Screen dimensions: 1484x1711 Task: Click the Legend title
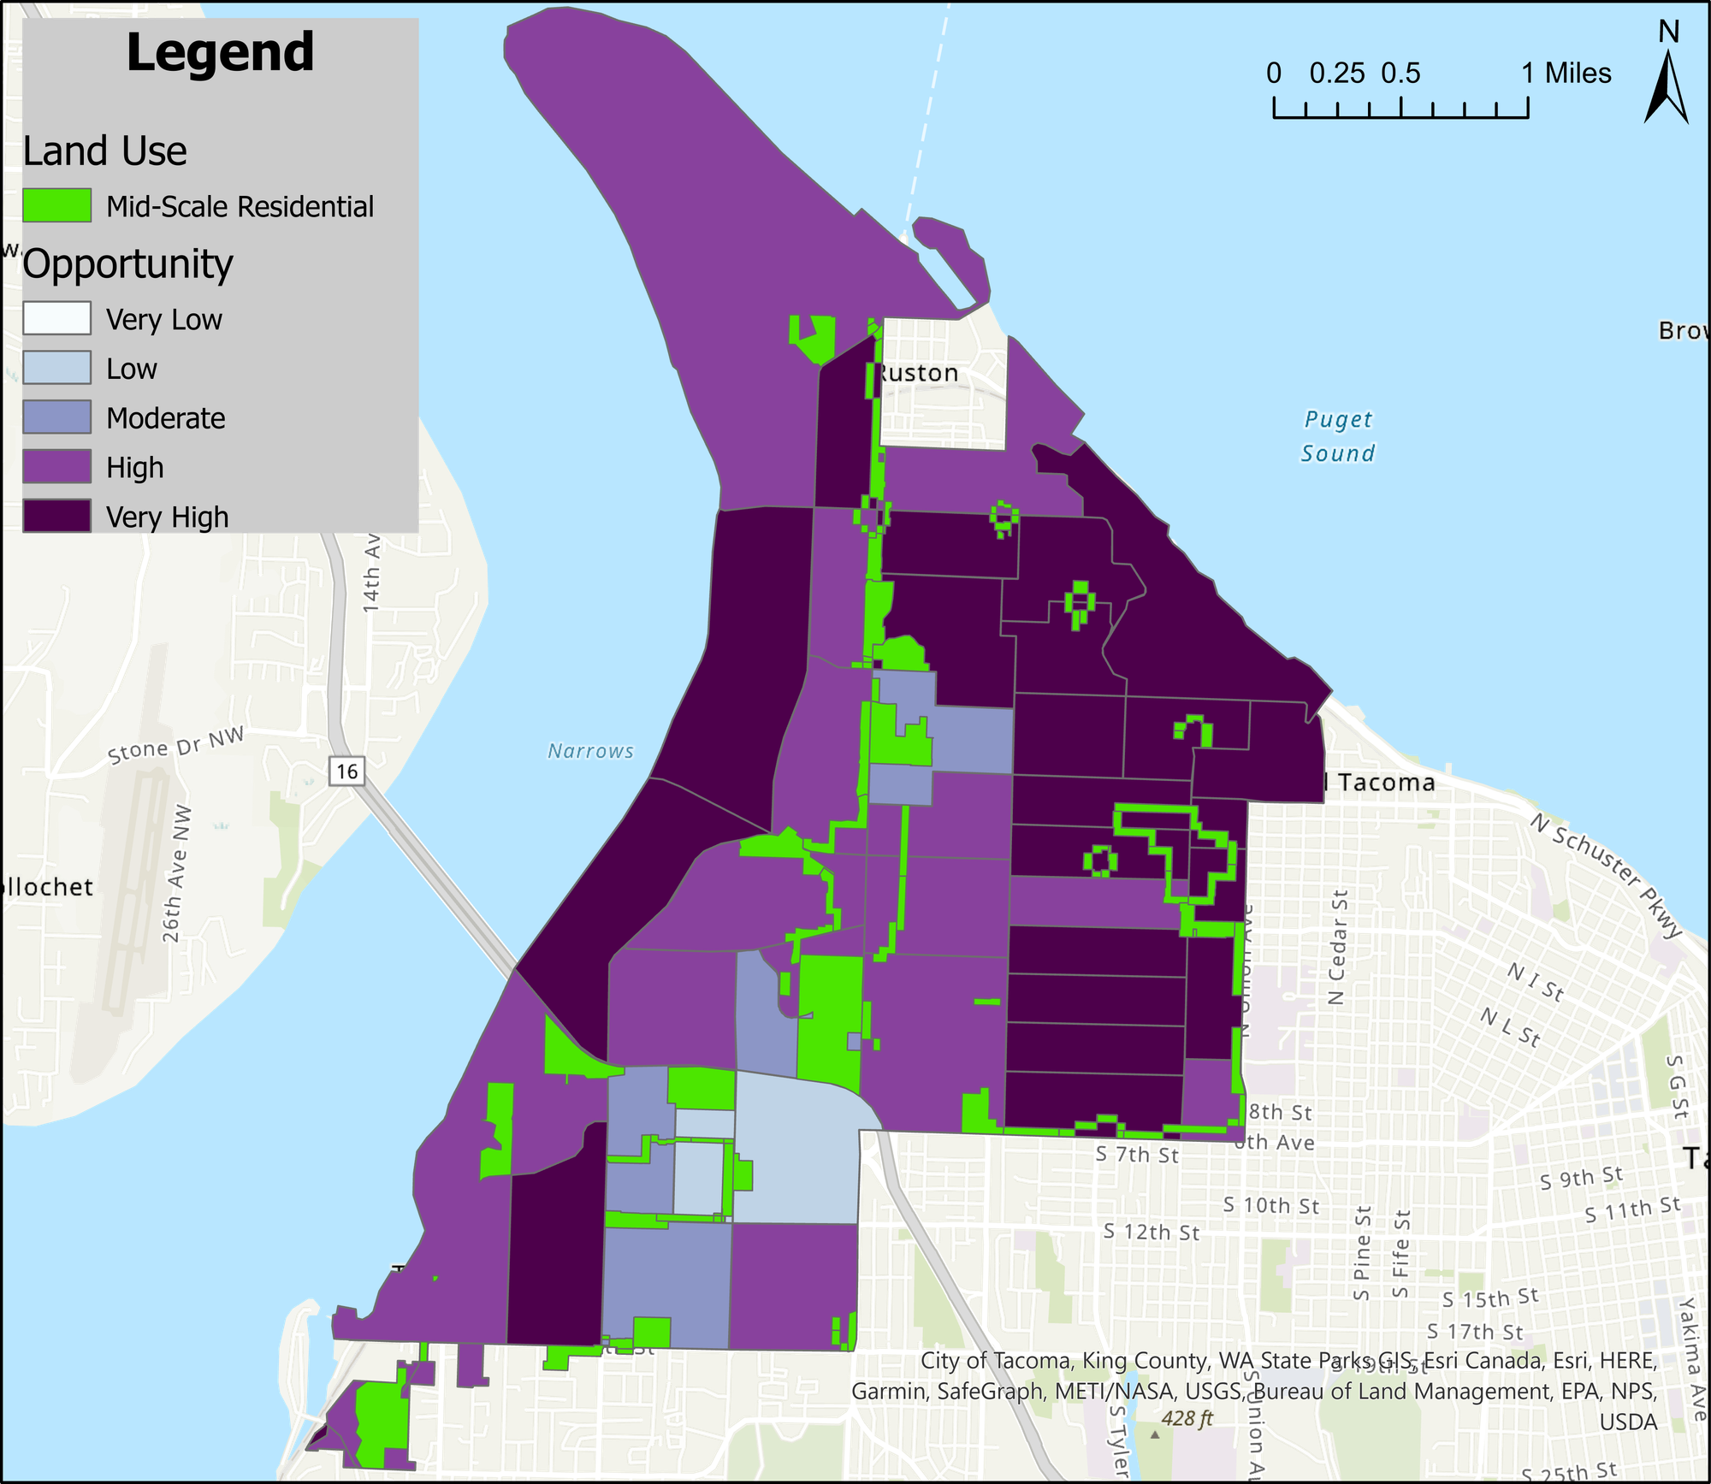pyautogui.click(x=220, y=53)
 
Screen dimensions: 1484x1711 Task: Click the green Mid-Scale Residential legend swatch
pyautogui.click(x=56, y=206)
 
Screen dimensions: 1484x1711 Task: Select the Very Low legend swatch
pyautogui.click(x=56, y=318)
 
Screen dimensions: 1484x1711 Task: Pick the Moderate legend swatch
pyautogui.click(x=56, y=417)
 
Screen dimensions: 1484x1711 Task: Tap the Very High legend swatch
pyautogui.click(x=56, y=517)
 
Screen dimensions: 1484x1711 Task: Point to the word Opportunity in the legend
pyautogui.click(x=128, y=263)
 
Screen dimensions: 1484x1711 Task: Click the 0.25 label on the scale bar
pyautogui.click(x=1336, y=74)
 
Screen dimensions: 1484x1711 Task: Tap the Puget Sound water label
pyautogui.click(x=1337, y=436)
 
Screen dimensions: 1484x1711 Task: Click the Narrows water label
pyautogui.click(x=590, y=751)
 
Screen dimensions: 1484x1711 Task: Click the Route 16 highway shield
pyautogui.click(x=346, y=771)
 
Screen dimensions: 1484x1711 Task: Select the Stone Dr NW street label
pyautogui.click(x=175, y=746)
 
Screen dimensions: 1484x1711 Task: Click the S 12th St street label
pyautogui.click(x=1151, y=1232)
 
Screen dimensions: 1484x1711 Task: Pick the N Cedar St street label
pyautogui.click(x=1337, y=947)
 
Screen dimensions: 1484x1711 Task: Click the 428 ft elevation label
pyautogui.click(x=1187, y=1418)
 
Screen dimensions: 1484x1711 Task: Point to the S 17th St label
pyautogui.click(x=1475, y=1331)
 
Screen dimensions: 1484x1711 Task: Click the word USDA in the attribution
pyautogui.click(x=1628, y=1422)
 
